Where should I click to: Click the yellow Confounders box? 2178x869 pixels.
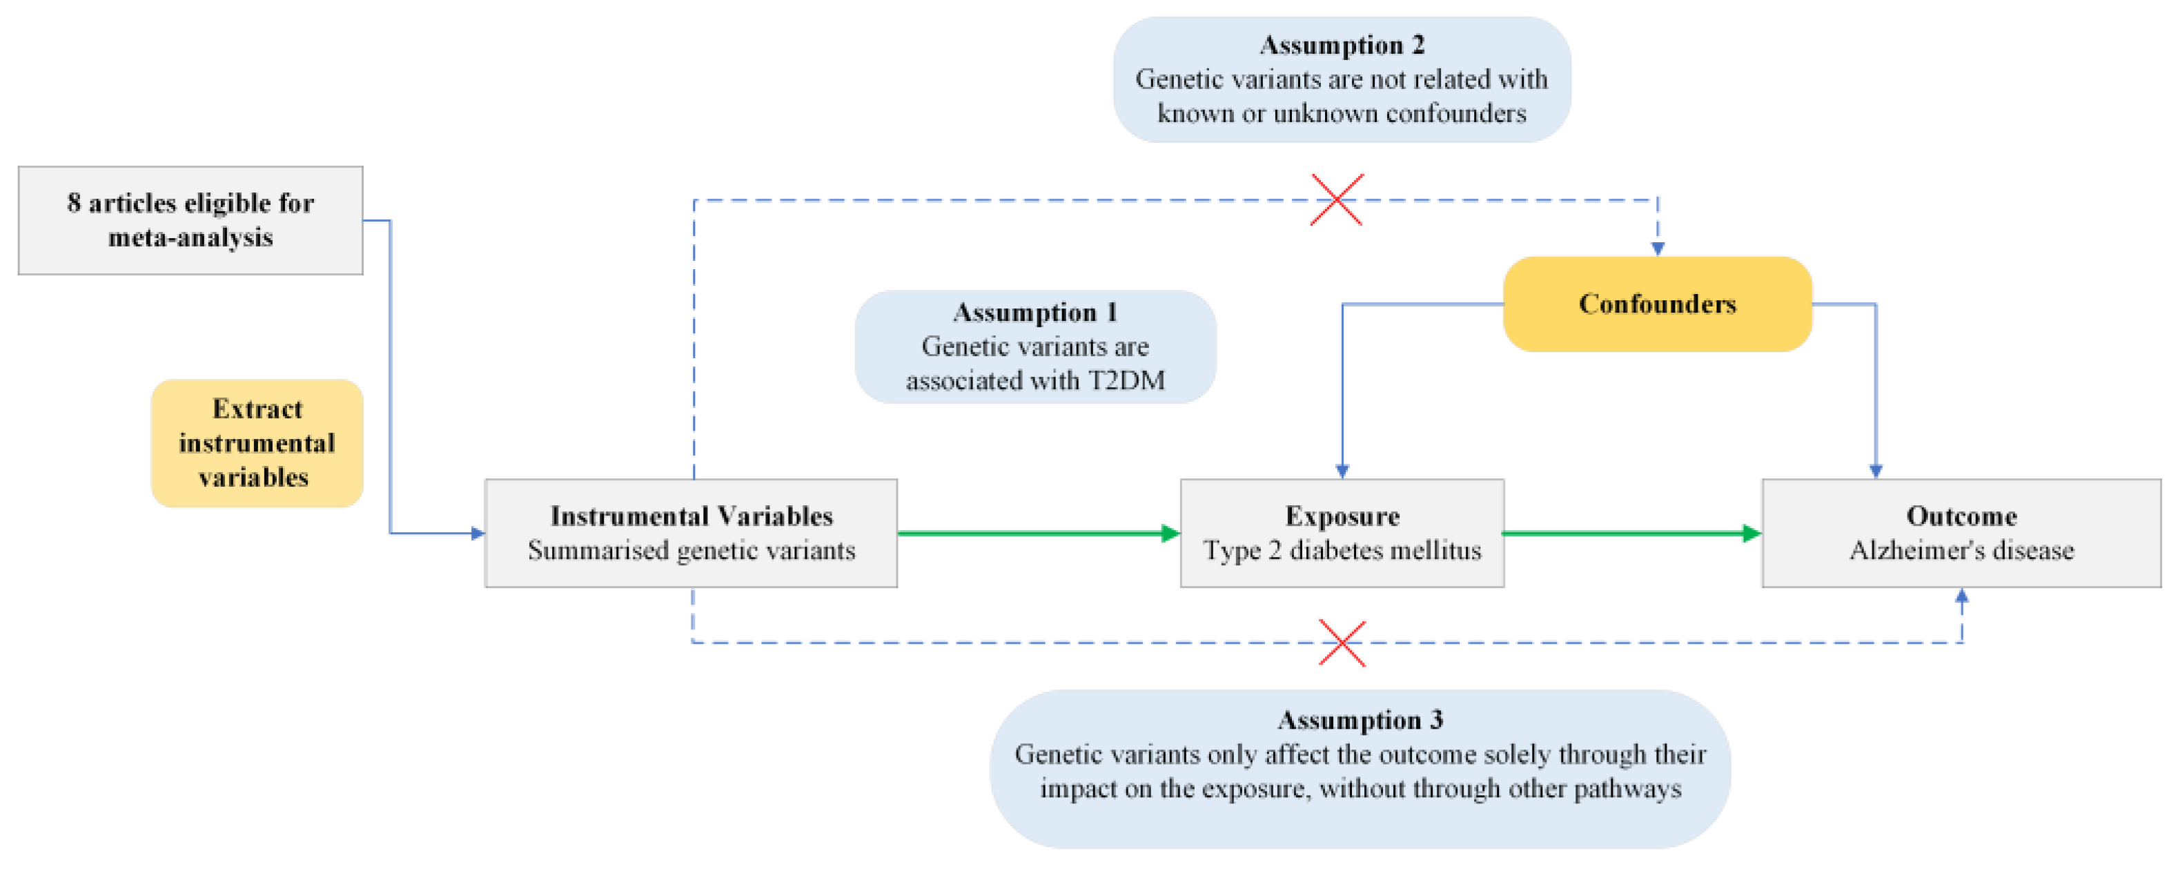[1656, 304]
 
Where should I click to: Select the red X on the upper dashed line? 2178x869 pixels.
[1336, 199]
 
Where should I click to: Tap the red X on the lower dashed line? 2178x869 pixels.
[1342, 643]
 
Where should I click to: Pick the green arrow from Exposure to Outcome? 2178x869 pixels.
[1632, 533]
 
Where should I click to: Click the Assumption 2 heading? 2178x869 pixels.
[1342, 44]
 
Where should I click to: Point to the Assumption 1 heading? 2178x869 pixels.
[1035, 312]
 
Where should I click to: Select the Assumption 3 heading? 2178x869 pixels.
[1360, 719]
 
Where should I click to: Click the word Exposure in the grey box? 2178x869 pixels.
[1342, 516]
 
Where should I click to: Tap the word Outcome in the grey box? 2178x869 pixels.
[1961, 516]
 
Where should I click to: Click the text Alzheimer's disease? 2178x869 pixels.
[1961, 550]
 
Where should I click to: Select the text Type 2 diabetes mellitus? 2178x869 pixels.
[1342, 550]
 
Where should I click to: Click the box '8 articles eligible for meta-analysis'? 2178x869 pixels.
[190, 219]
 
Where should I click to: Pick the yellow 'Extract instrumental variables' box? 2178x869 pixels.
[256, 442]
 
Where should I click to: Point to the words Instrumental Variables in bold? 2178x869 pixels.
[691, 516]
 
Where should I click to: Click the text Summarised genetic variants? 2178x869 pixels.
[691, 550]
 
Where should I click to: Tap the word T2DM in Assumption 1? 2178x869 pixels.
[1126, 380]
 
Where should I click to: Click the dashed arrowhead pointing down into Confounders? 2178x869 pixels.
[1657, 248]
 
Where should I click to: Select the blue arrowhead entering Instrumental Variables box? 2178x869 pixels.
[478, 534]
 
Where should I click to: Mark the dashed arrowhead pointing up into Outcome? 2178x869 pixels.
[1961, 596]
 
